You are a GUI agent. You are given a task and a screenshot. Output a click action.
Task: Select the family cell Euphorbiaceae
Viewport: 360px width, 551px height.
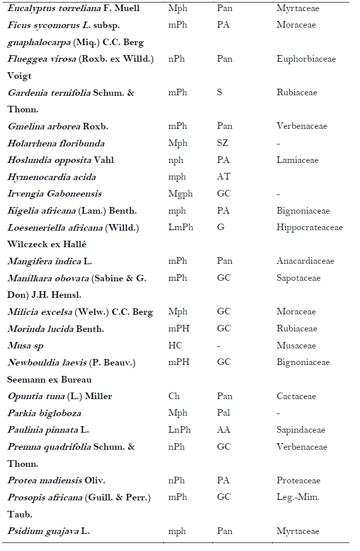pyautogui.click(x=306, y=59)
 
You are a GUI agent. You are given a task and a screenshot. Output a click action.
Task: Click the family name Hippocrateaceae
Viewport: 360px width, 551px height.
pyautogui.click(x=309, y=227)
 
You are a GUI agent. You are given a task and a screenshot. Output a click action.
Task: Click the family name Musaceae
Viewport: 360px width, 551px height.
pyautogui.click(x=296, y=345)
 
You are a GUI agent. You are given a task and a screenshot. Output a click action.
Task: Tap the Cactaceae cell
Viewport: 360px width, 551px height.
pyautogui.click(x=296, y=396)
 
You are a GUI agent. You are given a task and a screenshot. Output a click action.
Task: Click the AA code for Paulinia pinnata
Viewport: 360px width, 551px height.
pyautogui.click(x=223, y=430)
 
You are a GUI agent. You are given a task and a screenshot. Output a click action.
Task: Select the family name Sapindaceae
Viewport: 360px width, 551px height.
pyautogui.click(x=300, y=430)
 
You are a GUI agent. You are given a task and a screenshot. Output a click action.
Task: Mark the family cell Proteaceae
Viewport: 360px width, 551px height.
pyautogui.click(x=298, y=480)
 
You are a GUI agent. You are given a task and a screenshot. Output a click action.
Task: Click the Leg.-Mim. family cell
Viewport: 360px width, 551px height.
pyautogui.click(x=298, y=497)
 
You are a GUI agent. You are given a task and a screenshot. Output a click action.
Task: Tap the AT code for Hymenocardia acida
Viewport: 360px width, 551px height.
pyautogui.click(x=223, y=176)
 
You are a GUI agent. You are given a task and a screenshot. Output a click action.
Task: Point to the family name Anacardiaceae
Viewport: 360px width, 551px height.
pyautogui.click(x=305, y=261)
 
